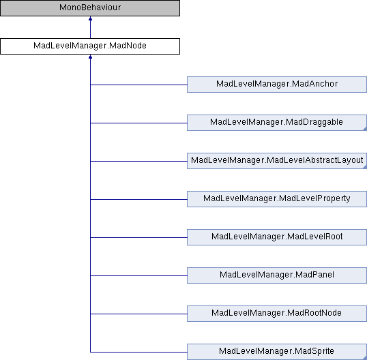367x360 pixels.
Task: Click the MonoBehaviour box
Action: (90, 8)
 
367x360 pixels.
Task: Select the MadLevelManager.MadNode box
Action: (90, 46)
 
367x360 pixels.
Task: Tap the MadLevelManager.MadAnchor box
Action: (277, 85)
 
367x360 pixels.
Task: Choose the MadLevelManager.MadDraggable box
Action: (277, 123)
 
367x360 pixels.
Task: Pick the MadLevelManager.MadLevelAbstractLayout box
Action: (277, 161)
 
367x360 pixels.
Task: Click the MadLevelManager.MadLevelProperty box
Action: (277, 199)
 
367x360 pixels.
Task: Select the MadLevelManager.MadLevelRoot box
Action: (277, 237)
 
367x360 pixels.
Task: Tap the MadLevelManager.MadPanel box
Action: (277, 275)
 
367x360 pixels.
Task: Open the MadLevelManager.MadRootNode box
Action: (277, 314)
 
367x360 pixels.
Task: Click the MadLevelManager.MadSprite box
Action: (277, 352)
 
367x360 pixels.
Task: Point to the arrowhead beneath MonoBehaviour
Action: (90, 18)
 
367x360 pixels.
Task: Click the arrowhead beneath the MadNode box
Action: (90, 57)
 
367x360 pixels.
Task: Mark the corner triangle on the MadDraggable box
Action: (365, 129)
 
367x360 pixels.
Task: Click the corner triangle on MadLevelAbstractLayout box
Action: (365, 167)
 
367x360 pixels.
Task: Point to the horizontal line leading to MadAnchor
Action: (138, 85)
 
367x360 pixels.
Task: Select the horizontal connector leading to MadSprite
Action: (138, 352)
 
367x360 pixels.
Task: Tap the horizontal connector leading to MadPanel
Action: (138, 275)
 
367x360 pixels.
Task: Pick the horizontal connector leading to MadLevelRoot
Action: (138, 237)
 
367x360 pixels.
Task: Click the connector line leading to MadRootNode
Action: (138, 314)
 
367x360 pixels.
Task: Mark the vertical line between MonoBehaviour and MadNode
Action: (90, 29)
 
